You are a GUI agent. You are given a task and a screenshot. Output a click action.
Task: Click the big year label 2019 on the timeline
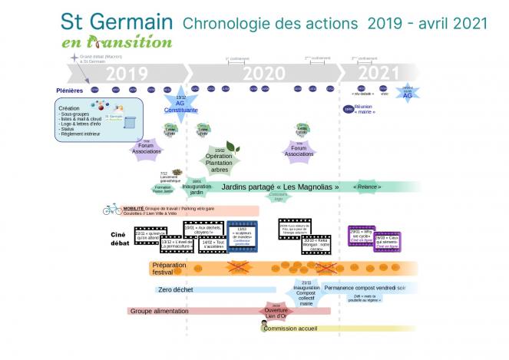click(x=127, y=74)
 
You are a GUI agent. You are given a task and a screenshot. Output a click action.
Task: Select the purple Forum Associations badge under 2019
click(x=146, y=147)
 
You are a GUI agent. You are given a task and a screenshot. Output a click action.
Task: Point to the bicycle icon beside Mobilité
click(x=112, y=209)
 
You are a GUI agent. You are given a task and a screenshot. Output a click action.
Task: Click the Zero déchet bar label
click(x=176, y=290)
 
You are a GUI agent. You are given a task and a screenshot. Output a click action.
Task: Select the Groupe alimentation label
click(x=163, y=312)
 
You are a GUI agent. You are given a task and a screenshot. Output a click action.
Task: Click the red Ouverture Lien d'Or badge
click(x=276, y=312)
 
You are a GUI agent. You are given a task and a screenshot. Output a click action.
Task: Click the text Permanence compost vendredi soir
click(x=365, y=288)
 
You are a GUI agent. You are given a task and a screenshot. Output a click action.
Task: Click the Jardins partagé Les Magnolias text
click(x=279, y=187)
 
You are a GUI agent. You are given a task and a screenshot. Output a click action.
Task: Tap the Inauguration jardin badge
click(x=196, y=188)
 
